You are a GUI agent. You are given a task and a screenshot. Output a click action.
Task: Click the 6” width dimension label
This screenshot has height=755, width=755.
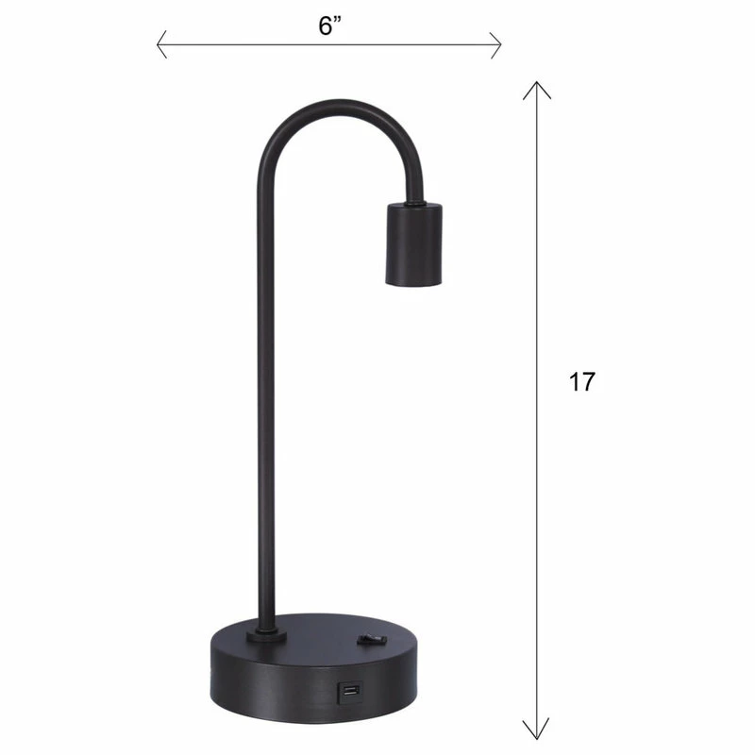(329, 25)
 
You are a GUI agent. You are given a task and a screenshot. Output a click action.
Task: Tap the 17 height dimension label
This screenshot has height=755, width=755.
(582, 381)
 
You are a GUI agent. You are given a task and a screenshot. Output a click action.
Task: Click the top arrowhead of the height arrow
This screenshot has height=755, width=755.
(537, 88)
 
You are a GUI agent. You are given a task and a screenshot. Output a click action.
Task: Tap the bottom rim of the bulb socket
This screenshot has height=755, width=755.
(411, 281)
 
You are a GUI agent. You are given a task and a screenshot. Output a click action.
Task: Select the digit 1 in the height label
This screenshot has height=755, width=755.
(574, 381)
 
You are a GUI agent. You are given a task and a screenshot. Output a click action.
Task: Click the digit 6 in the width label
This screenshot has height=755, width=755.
(324, 25)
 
